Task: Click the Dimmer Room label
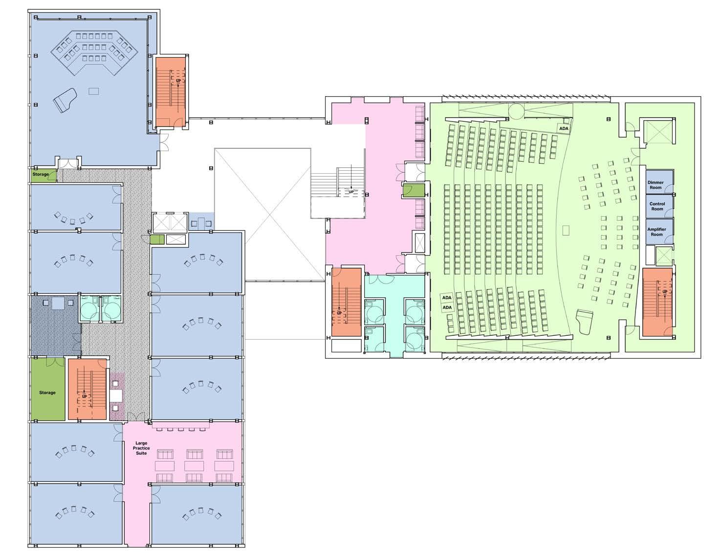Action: tap(656, 185)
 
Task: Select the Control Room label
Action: tap(657, 206)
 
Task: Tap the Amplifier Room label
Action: tap(656, 232)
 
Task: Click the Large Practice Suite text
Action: tap(141, 448)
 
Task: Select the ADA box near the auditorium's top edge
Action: tap(564, 128)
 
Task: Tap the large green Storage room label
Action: tap(47, 392)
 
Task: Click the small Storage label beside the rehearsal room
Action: tap(41, 174)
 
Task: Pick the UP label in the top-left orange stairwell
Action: tap(178, 81)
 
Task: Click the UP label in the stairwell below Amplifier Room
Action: tap(664, 292)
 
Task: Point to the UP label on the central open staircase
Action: tap(351, 192)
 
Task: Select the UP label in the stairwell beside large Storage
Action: tap(85, 396)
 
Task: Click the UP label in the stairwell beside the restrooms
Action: tap(339, 313)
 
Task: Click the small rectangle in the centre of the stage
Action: tap(566, 229)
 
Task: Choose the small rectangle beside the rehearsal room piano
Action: tap(93, 91)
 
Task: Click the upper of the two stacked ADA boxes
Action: tap(447, 298)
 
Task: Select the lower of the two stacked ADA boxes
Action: tap(447, 307)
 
